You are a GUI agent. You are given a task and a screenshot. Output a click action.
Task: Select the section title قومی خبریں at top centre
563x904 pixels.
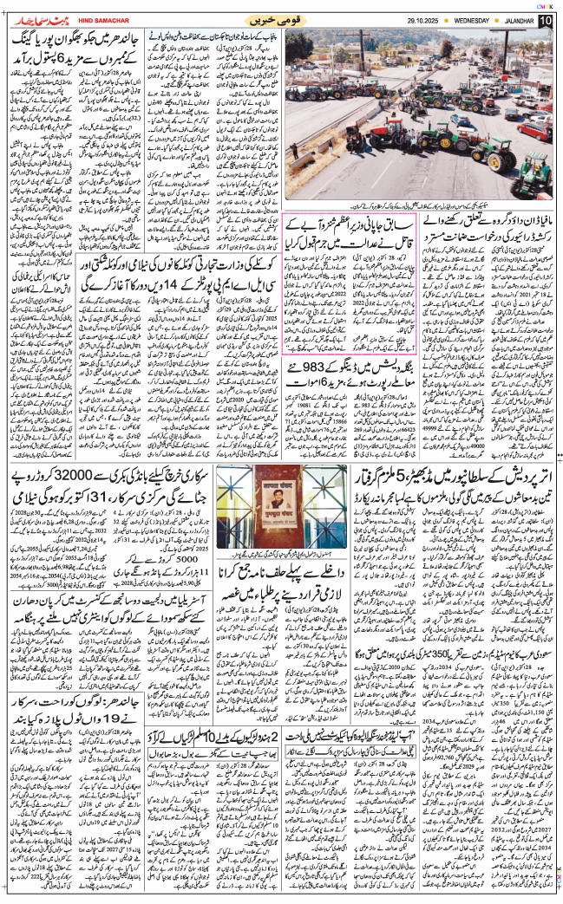tap(278, 18)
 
